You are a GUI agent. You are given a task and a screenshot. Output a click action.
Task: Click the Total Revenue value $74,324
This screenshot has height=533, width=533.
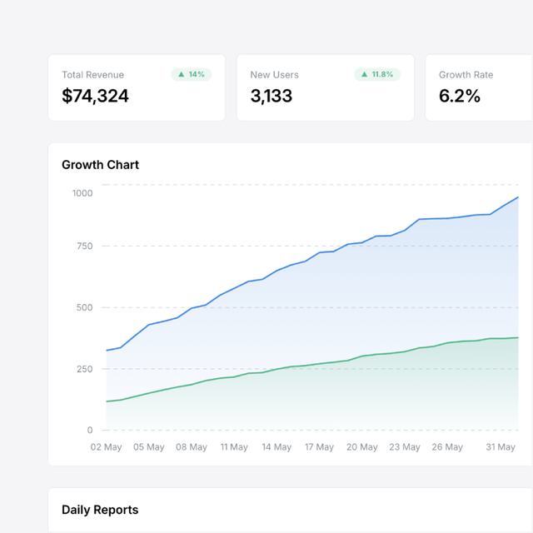[95, 96]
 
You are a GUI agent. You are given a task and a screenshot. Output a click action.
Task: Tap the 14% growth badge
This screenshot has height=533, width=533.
[192, 74]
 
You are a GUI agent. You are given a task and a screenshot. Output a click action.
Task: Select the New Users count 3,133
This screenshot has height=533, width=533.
[271, 96]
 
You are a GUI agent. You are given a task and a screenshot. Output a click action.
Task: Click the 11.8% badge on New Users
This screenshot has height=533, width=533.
[377, 74]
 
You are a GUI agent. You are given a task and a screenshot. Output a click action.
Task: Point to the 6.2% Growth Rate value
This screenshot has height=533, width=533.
[460, 96]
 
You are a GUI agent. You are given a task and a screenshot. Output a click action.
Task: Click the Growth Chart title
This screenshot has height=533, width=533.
[100, 165]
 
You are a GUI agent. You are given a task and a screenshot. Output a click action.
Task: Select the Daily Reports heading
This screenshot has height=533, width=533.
[100, 510]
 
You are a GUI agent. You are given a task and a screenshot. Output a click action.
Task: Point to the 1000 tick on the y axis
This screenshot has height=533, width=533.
[82, 193]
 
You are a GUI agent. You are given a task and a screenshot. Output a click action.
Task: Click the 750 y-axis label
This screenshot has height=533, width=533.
[84, 246]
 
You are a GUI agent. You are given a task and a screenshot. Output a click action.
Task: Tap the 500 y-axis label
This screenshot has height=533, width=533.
[84, 307]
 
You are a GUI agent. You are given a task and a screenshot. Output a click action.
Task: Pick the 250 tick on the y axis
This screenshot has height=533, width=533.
[84, 369]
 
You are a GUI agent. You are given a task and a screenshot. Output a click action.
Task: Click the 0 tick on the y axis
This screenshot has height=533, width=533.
[90, 431]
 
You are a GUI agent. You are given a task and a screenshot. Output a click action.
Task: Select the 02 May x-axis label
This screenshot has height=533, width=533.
[107, 447]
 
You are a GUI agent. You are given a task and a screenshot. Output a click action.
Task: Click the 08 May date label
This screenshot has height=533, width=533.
[192, 447]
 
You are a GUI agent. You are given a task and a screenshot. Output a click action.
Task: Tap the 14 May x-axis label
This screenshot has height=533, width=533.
[276, 447]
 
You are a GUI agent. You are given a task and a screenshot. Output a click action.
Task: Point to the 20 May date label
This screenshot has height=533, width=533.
[362, 447]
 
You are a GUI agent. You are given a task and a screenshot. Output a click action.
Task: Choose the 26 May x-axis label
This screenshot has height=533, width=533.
[447, 447]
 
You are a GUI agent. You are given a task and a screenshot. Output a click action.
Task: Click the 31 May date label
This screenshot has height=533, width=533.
[501, 447]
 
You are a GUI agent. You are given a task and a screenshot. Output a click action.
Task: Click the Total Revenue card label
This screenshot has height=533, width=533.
[92, 75]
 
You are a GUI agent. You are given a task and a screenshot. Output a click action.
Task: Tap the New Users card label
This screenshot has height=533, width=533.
[274, 75]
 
